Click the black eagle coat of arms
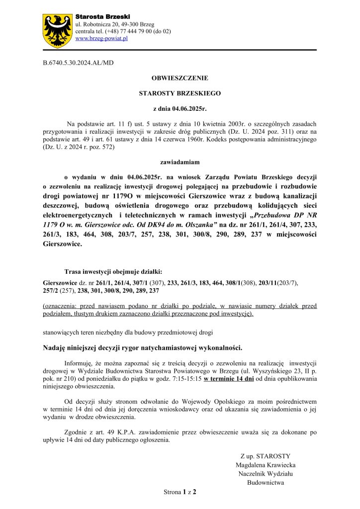(x=58, y=31)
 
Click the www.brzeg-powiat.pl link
(x=101, y=38)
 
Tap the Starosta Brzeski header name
(x=96, y=17)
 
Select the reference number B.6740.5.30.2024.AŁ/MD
(x=79, y=63)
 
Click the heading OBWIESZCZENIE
(x=180, y=78)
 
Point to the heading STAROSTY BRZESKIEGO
(x=180, y=93)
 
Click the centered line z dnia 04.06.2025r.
(x=180, y=108)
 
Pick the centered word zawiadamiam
(x=180, y=162)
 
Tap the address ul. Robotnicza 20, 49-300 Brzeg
(x=114, y=24)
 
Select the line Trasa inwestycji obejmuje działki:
(x=113, y=271)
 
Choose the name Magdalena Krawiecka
(x=266, y=465)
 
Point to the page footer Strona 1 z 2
(x=180, y=492)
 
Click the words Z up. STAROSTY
(x=265, y=456)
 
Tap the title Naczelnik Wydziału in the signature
(x=265, y=474)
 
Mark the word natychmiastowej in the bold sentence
(x=163, y=347)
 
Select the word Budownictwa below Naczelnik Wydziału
(x=265, y=482)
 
